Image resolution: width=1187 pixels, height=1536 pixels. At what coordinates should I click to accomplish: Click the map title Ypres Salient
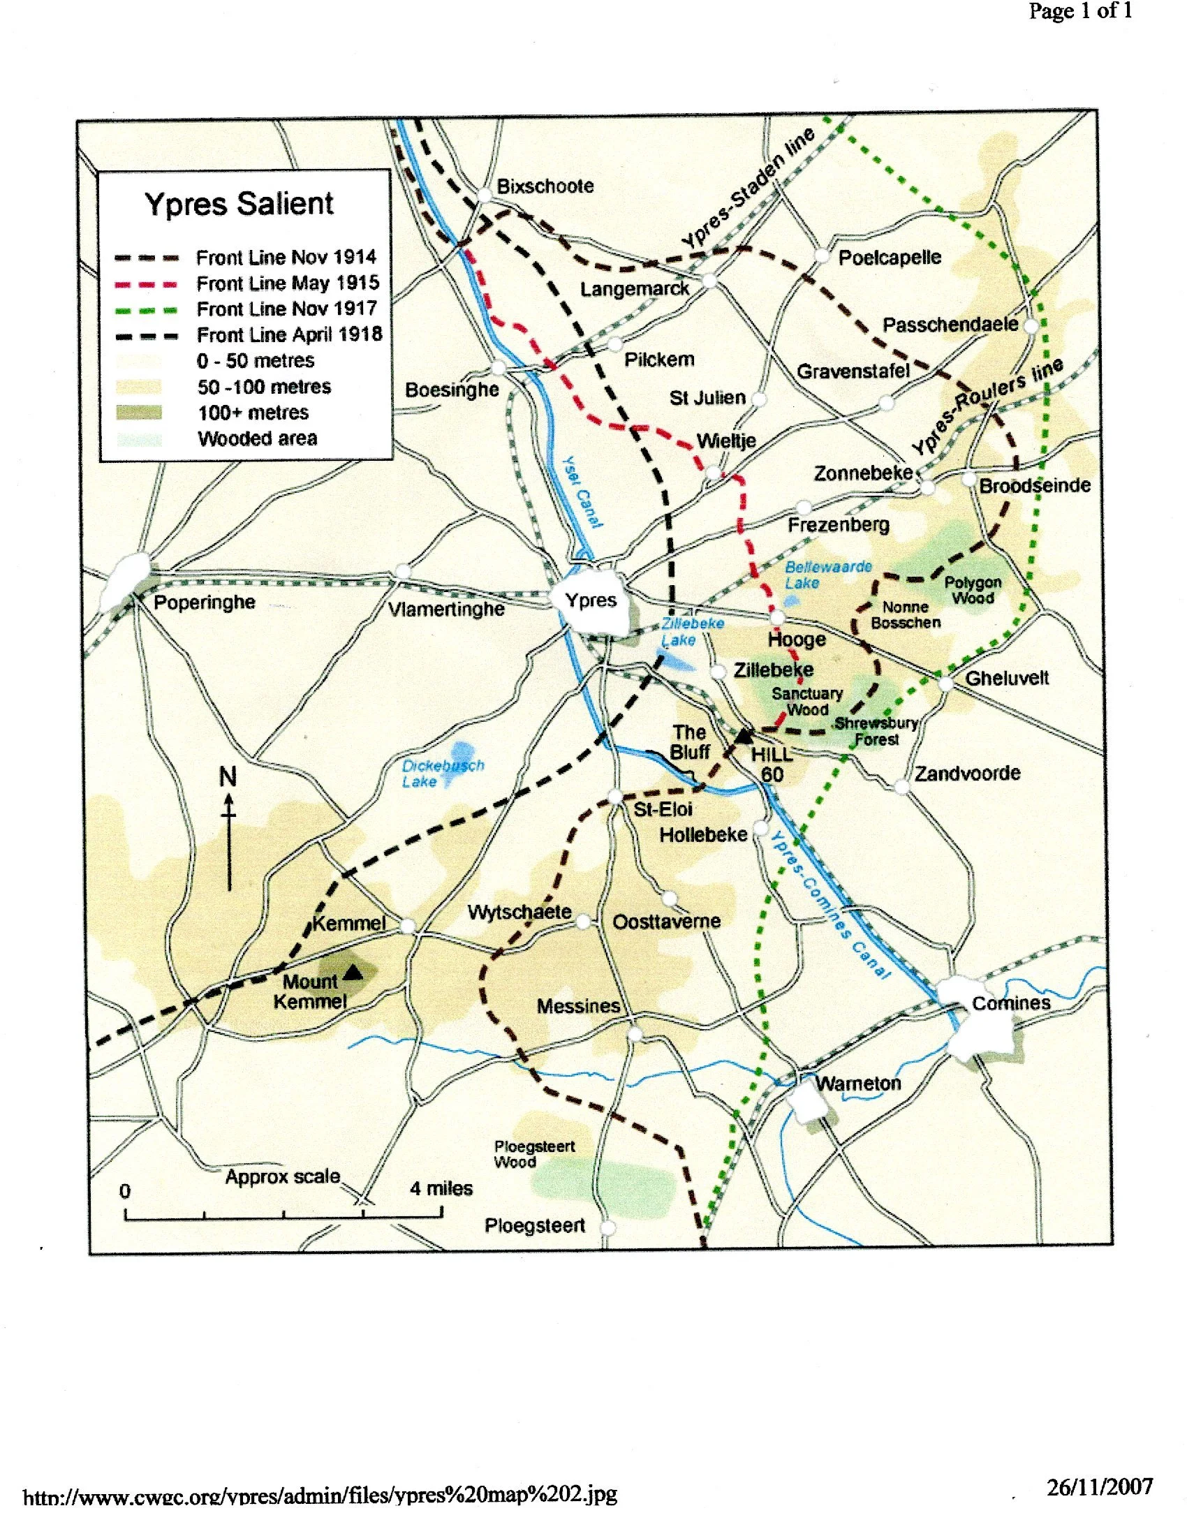coord(239,204)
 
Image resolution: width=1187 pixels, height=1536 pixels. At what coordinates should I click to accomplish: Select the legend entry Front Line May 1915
coord(288,283)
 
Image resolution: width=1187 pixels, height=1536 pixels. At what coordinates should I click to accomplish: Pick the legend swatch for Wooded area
coord(139,439)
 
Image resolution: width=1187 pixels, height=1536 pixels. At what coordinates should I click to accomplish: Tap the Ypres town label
coord(591,600)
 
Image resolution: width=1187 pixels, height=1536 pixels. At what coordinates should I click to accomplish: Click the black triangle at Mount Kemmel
coord(353,973)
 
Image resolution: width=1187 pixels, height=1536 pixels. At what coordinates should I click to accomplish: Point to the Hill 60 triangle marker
coord(743,737)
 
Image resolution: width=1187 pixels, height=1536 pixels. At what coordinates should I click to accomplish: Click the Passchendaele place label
coord(950,324)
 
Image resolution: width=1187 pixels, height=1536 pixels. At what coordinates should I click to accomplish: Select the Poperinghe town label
coord(204,603)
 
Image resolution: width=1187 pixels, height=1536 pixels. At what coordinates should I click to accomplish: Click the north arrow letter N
coord(228,777)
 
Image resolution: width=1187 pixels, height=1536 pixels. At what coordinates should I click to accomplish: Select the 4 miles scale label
coord(441,1188)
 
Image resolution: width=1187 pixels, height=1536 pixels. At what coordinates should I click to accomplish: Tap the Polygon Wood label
coord(973,590)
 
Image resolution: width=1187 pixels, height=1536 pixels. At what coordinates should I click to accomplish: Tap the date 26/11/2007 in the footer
coord(1099,1486)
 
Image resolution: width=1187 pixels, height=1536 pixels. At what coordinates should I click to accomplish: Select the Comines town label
coord(1010,1003)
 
